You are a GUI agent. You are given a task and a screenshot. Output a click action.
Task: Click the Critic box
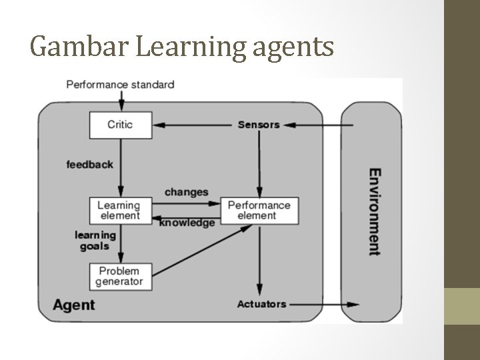tap(121, 125)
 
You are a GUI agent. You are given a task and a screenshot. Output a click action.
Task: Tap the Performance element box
tap(259, 211)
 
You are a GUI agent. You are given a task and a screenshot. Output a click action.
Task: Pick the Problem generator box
tap(121, 276)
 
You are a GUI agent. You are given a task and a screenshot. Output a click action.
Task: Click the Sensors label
tap(259, 125)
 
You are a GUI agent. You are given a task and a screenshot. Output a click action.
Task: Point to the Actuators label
tap(261, 304)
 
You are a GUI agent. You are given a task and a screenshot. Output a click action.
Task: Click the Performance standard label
tap(121, 85)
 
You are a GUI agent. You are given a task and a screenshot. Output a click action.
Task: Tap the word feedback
tap(90, 164)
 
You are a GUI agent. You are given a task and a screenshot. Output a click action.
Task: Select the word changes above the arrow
tap(186, 192)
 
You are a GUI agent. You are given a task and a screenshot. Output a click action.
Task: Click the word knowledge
tap(187, 223)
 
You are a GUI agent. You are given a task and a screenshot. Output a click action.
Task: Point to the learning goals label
tap(95, 241)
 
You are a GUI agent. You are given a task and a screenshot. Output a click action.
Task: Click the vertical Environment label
tap(375, 211)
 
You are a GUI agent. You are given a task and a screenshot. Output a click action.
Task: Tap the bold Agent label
tap(74, 305)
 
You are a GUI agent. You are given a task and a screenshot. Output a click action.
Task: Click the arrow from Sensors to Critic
tap(193, 125)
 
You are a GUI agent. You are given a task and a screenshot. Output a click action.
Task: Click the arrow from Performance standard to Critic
tap(121, 101)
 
